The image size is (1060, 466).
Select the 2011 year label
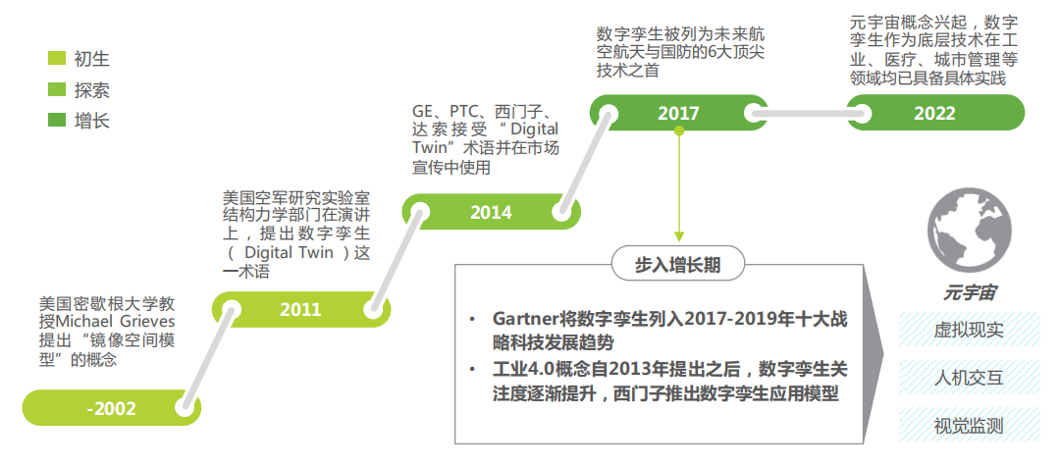coord(299,310)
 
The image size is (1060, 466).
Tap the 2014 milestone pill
coord(490,212)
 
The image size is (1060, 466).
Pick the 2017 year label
coord(678,113)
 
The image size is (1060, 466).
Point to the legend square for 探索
coord(57,91)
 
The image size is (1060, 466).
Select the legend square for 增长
coord(57,122)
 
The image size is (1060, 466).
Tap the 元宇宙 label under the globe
coord(971,292)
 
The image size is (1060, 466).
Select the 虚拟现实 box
coord(969,330)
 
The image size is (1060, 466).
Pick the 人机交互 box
coord(969,378)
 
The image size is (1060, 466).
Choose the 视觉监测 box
coord(969,426)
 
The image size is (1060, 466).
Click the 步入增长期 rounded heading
coord(677,264)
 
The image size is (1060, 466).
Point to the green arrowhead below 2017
coord(678,235)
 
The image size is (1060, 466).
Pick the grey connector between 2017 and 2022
coord(805,113)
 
